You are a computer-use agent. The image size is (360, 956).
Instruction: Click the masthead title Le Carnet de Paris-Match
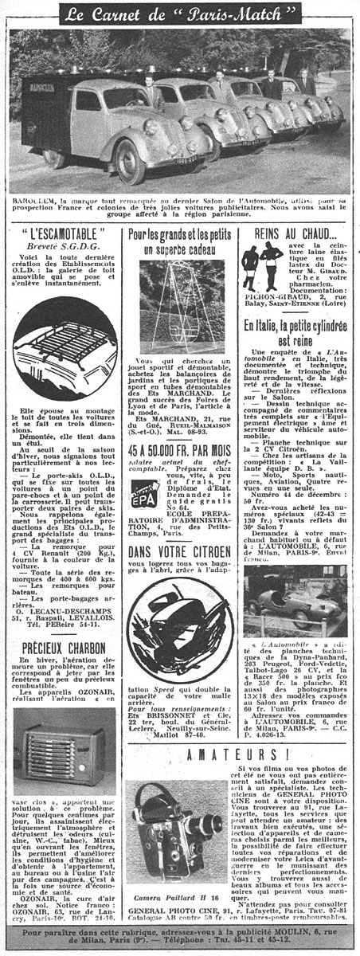point(179,14)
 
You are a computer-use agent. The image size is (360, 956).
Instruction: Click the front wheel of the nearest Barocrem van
point(127,159)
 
